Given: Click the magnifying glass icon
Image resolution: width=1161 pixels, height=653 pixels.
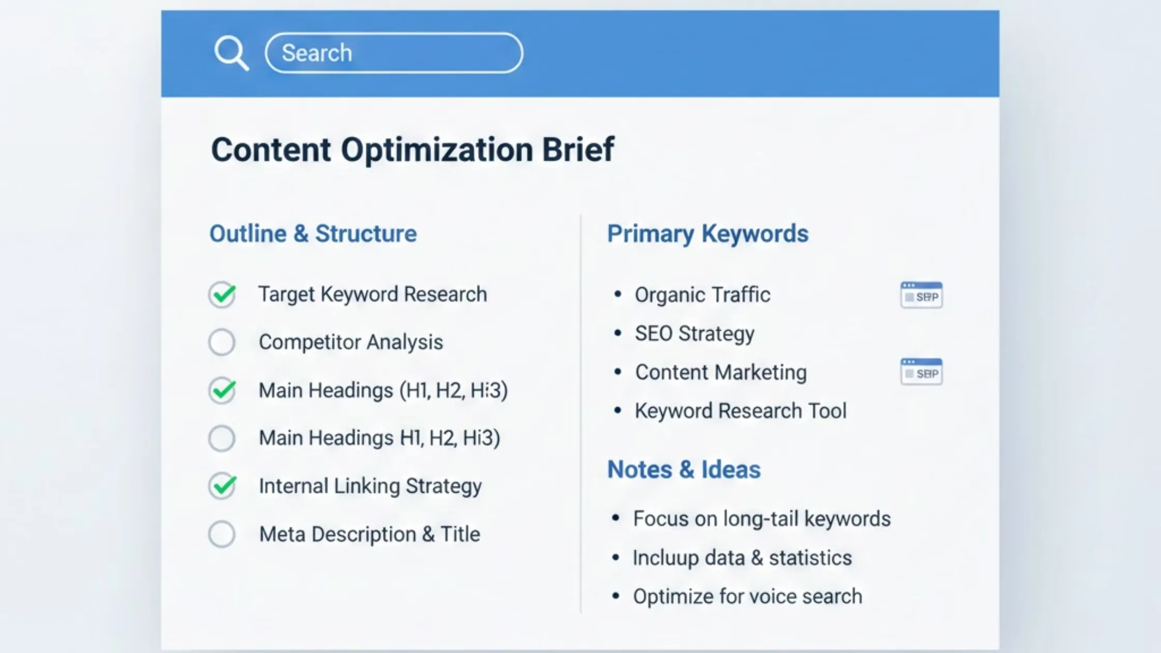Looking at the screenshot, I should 231,52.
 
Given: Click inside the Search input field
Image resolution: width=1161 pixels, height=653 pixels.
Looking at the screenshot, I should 394,53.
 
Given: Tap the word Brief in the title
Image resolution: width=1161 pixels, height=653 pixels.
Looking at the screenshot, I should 577,150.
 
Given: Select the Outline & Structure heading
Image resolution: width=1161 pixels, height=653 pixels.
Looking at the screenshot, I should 313,234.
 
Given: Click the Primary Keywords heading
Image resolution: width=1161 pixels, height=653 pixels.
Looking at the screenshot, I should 707,234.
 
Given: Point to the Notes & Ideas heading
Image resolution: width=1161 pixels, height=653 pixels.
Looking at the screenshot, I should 684,470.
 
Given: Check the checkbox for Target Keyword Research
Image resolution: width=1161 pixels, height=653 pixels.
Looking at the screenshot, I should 222,294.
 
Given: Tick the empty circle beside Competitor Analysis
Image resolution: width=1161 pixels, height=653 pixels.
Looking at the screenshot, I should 222,342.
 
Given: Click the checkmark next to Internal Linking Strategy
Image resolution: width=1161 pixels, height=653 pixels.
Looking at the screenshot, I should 222,486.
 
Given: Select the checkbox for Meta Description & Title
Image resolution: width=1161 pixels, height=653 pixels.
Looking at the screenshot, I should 222,534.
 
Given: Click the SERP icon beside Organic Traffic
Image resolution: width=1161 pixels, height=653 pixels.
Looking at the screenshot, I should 922,295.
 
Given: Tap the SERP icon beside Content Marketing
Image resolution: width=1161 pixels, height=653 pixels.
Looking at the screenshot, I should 922,372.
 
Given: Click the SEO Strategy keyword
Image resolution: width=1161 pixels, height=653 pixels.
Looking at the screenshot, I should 695,334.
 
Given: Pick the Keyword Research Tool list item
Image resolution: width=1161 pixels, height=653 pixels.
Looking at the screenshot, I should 741,411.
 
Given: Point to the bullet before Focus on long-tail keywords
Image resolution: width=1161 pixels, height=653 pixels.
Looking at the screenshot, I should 616,518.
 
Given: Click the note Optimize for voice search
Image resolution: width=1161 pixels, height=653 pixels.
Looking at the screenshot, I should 747,597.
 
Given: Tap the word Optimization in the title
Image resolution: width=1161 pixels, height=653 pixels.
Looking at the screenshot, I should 437,150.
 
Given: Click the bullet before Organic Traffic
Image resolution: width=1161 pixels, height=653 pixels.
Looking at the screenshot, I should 617,294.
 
